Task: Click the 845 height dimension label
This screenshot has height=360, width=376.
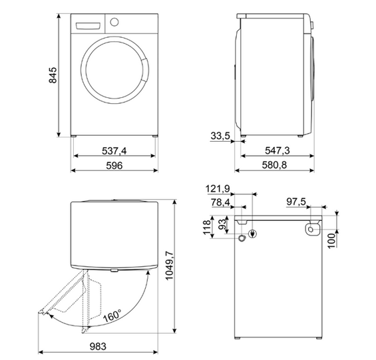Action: click(53, 75)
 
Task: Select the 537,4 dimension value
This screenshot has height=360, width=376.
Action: click(114, 151)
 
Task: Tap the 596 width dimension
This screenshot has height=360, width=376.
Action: click(114, 165)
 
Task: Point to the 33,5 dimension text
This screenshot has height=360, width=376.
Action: click(220, 136)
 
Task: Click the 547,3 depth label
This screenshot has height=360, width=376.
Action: click(278, 150)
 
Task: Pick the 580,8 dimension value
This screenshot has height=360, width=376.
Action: click(274, 165)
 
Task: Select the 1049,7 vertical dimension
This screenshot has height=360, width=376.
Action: click(169, 266)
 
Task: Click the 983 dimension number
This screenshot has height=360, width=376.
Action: click(98, 346)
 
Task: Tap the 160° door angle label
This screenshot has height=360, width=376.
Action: click(112, 315)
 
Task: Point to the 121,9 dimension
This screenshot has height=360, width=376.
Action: click(218, 189)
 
